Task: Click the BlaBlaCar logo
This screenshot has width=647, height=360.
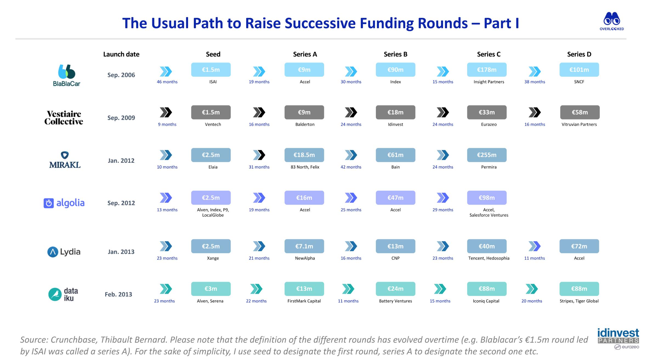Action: point(66,75)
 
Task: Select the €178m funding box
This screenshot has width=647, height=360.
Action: point(487,70)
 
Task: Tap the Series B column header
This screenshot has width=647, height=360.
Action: point(395,54)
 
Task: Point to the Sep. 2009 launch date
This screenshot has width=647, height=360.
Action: point(121,118)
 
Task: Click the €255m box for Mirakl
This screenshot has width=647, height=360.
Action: point(487,155)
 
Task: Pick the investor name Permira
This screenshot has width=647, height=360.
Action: point(489,167)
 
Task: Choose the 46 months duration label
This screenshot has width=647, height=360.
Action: point(167,82)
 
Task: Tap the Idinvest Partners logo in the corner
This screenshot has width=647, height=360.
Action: point(618,339)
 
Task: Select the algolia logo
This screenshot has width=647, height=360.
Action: point(64,203)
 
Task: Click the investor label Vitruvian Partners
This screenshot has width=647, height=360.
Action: point(579,124)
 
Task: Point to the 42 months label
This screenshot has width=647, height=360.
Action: point(351,167)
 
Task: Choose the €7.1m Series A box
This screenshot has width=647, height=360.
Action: point(304,246)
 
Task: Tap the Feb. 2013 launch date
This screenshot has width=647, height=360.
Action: point(118,294)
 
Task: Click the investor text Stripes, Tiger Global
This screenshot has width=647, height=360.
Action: point(579,301)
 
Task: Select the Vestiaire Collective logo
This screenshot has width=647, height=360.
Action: point(64,118)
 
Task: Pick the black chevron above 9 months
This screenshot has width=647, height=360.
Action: point(166,112)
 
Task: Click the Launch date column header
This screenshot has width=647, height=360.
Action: point(121,54)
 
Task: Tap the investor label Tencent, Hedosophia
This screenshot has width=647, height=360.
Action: point(489,258)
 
